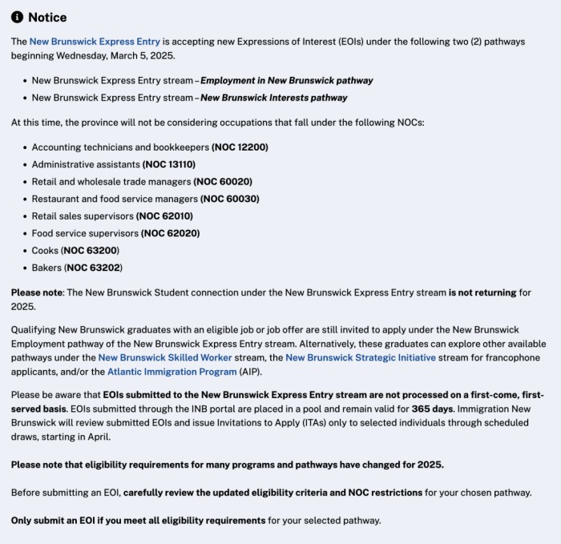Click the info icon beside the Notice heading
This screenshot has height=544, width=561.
click(18, 18)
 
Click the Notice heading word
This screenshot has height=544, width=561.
click(47, 18)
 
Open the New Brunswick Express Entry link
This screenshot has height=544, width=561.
click(95, 41)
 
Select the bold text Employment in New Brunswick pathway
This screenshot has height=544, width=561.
click(286, 81)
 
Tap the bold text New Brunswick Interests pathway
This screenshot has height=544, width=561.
click(273, 98)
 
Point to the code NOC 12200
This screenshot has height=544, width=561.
click(240, 147)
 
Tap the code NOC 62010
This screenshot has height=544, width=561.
click(164, 216)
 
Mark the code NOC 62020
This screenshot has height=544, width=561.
click(171, 233)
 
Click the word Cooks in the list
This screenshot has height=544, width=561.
click(45, 251)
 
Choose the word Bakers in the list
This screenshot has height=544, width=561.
click(46, 268)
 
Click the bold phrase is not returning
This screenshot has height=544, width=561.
click(482, 292)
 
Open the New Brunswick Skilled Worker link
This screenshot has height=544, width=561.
click(165, 357)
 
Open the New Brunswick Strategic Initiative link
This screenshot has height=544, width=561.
click(361, 357)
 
